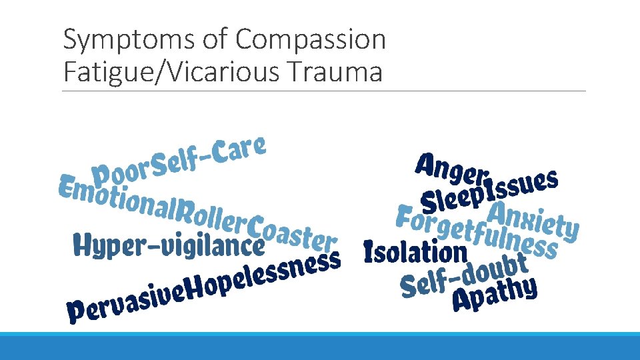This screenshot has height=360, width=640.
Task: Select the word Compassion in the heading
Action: (311, 40)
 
